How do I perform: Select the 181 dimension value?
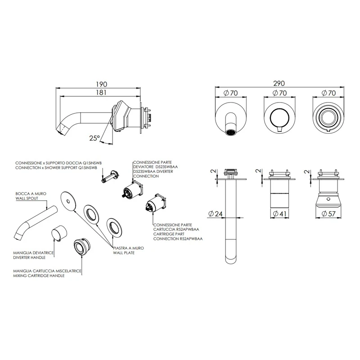click(101, 93)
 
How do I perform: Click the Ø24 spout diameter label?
click(217, 214)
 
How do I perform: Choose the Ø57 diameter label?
click(330, 214)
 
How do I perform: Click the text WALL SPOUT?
click(26, 197)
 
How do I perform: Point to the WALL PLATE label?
click(126, 253)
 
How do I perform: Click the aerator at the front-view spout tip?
click(230, 133)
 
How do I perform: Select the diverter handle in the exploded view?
click(59, 233)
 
